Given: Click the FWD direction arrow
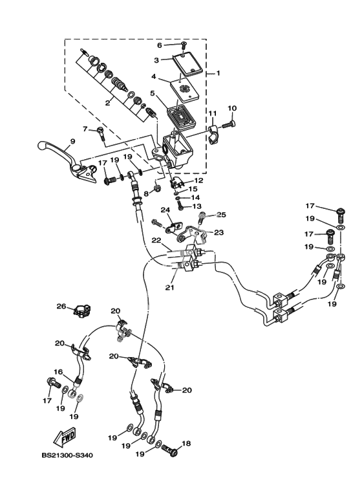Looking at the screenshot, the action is pos(65,437).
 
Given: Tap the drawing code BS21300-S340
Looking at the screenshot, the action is pos(67,455).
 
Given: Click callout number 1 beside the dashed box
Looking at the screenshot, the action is pos(218,73).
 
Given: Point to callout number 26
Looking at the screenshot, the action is pos(61,307).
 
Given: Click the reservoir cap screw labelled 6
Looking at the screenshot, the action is pos(184,45).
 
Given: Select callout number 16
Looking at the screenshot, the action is pos(58,372).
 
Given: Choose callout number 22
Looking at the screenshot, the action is pos(157,241).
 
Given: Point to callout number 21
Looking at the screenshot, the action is pos(170,287).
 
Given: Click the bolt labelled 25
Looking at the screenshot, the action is pos(202,218).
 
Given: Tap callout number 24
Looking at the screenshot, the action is pos(165,210).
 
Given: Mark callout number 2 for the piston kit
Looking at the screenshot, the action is pos(108,103).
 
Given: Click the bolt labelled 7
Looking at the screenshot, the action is pos(100,134).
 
